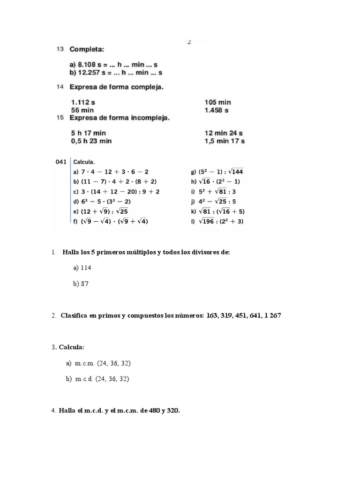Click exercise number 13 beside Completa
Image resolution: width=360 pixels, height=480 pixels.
pos(60,49)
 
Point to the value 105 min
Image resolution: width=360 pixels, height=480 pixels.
pos(218,102)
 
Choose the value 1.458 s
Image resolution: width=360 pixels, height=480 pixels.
pos(217,110)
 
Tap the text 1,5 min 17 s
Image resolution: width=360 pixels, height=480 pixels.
pos(225,141)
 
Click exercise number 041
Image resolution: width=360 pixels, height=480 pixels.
pos(61,162)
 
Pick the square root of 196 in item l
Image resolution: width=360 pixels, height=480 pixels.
pos(209,222)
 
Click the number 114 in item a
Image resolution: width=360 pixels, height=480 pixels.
pos(86,268)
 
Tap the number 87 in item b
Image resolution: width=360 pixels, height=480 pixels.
pos(84,284)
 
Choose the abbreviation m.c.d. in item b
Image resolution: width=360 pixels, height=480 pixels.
pos(85,379)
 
